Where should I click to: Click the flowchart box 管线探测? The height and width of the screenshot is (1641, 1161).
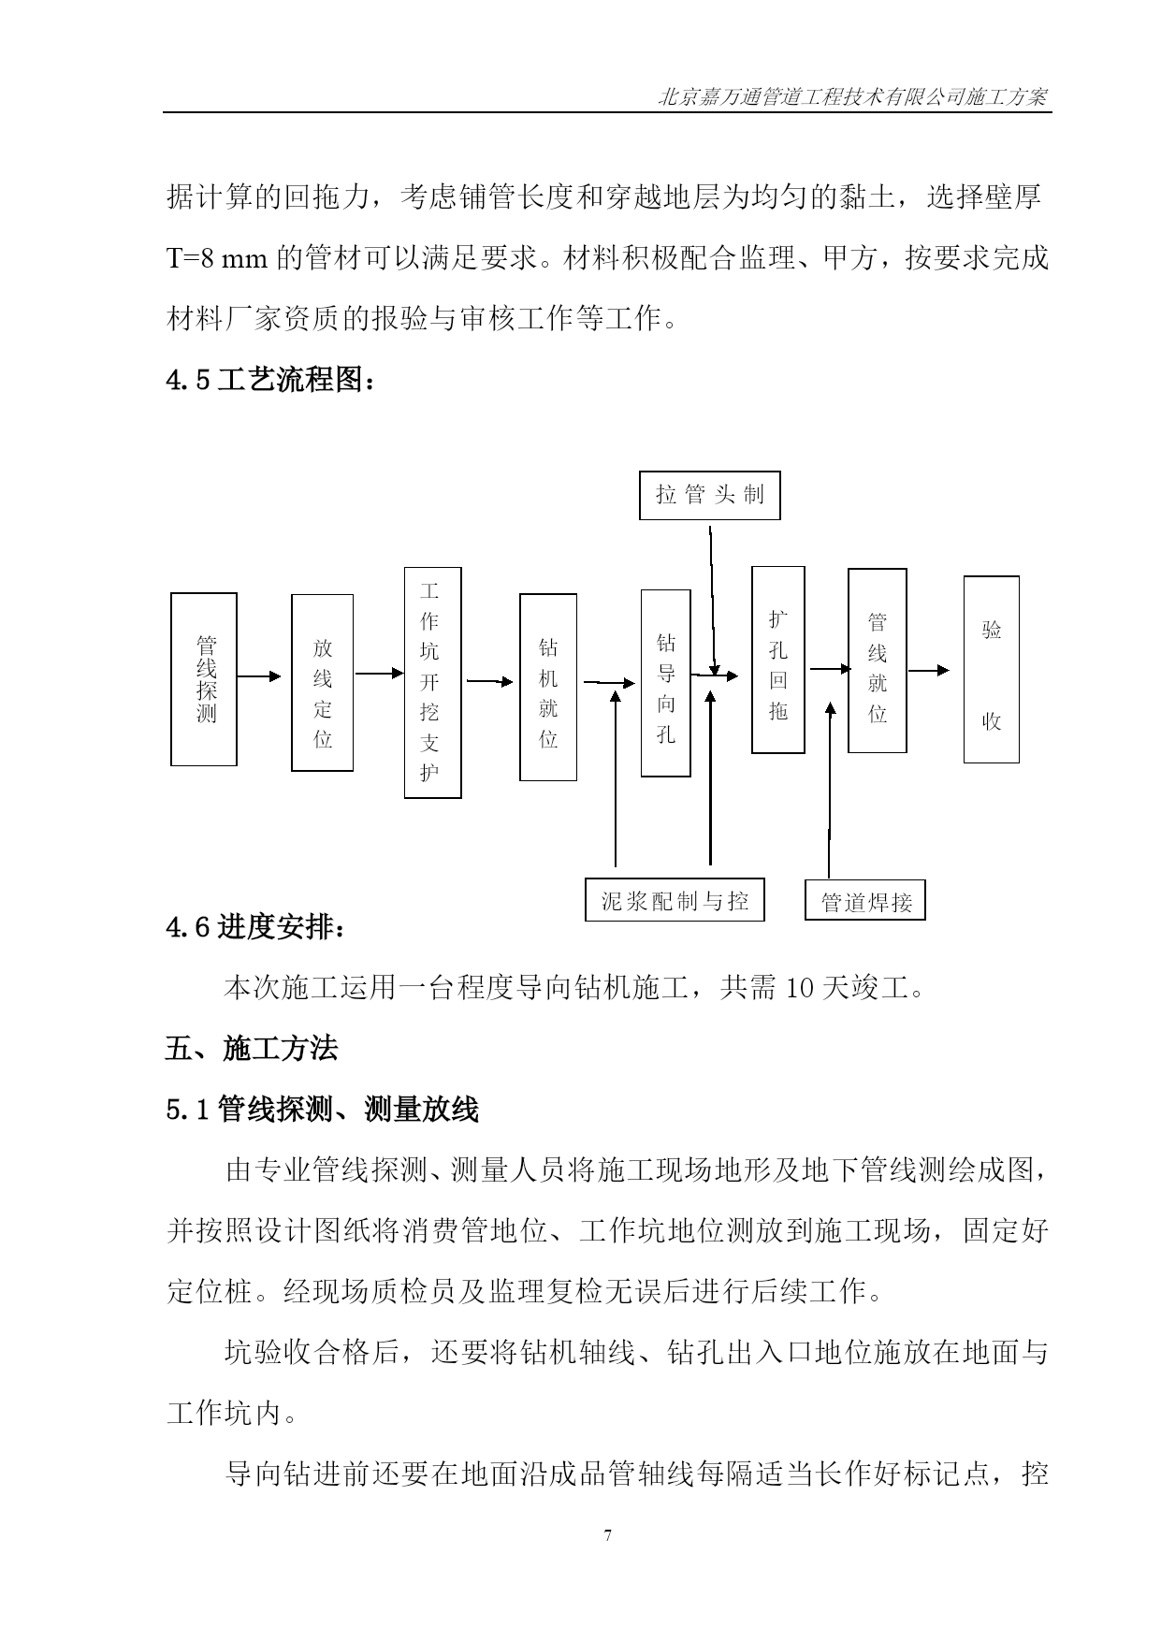click(x=203, y=679)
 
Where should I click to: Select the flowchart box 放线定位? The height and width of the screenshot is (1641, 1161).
click(x=322, y=683)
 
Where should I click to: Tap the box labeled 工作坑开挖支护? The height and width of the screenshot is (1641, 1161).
click(x=432, y=682)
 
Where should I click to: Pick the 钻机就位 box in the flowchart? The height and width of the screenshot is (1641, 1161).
click(x=548, y=687)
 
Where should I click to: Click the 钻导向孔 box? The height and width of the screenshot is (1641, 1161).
click(x=665, y=683)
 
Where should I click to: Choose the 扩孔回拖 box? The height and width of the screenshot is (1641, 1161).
click(x=778, y=660)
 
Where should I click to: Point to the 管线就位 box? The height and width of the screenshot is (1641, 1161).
click(x=878, y=661)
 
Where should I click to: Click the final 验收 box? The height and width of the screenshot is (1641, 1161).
click(x=992, y=670)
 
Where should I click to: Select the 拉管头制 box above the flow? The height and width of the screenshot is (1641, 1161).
click(x=710, y=496)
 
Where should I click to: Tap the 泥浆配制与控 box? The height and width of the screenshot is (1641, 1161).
click(x=675, y=899)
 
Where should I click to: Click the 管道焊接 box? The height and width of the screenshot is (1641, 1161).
click(x=865, y=900)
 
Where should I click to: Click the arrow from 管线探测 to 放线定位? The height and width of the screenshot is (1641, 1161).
click(x=259, y=676)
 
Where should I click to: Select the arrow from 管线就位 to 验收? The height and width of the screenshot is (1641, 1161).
click(x=929, y=670)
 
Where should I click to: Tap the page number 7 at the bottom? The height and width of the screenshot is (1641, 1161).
click(x=608, y=1535)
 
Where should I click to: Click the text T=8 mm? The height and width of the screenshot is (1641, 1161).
click(x=217, y=258)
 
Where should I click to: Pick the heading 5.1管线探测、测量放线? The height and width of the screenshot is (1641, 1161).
click(x=323, y=1110)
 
